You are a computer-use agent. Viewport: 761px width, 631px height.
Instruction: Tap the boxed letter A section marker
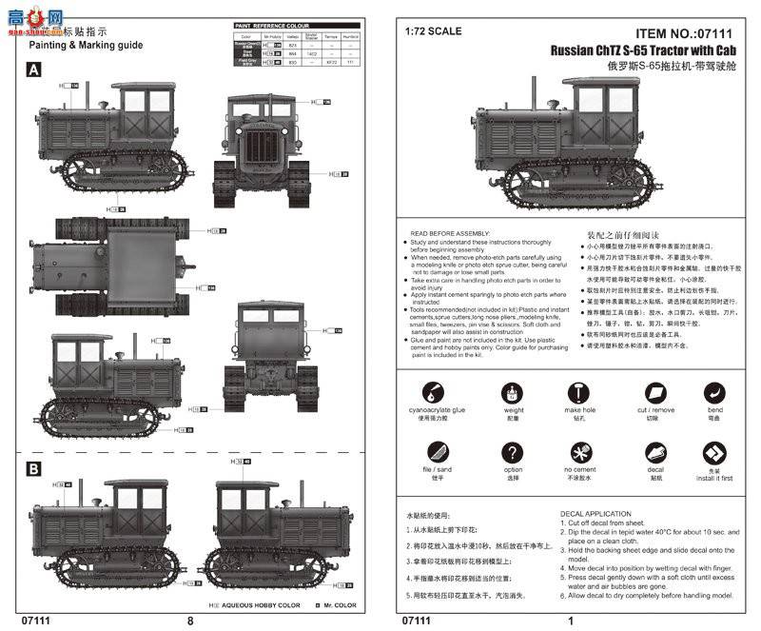coord(33,69)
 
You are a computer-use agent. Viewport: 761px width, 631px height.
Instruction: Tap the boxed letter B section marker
coord(33,469)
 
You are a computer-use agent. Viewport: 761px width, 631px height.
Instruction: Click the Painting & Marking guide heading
coord(86,45)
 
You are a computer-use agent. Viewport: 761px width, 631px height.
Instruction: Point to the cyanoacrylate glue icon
coord(430,393)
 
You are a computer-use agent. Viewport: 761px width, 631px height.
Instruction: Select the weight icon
coord(514,393)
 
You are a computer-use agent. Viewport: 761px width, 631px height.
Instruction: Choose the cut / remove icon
coord(654,393)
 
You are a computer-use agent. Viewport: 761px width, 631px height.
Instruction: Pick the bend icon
coord(714,392)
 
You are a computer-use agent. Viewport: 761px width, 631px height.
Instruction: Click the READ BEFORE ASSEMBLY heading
coord(449,232)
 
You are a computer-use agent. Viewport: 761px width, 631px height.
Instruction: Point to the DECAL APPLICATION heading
coord(595,514)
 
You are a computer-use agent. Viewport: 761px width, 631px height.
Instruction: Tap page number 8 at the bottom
coord(191,621)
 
